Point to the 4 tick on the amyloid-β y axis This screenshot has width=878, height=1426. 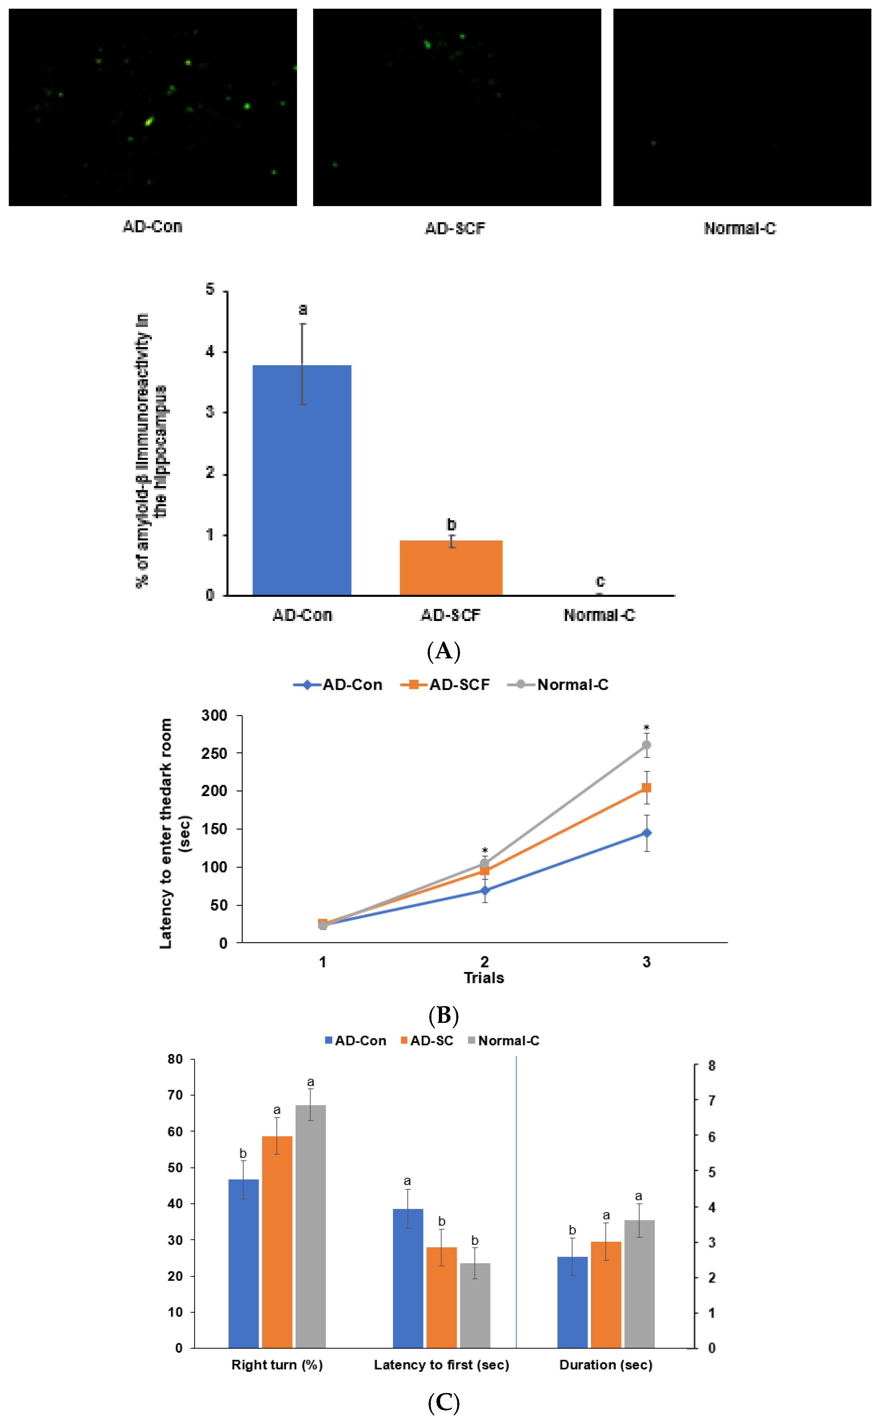tap(210, 352)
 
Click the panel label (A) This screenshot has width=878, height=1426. tap(444, 651)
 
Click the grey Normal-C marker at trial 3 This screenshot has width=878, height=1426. tap(646, 745)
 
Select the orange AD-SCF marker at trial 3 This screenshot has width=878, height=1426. tap(646, 788)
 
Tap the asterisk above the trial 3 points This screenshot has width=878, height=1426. tap(646, 728)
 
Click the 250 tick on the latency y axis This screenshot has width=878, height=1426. tap(214, 753)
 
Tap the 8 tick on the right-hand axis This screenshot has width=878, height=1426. tap(711, 1066)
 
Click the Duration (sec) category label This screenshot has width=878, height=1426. tap(606, 1365)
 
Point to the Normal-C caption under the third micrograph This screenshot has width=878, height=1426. tap(739, 229)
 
